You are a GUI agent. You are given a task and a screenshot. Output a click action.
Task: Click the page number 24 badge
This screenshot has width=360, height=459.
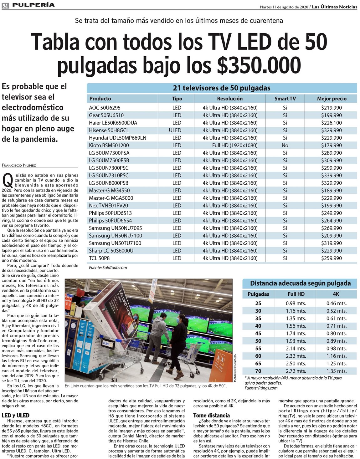(5, 6)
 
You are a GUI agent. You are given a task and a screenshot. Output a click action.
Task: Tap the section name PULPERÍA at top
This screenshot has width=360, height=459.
(33, 5)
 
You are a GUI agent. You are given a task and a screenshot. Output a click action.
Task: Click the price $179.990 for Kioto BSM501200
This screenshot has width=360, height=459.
(331, 145)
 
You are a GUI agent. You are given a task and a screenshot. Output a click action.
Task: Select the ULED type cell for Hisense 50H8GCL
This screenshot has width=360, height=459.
(175, 130)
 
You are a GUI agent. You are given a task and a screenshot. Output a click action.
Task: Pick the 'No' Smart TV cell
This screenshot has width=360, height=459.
(285, 145)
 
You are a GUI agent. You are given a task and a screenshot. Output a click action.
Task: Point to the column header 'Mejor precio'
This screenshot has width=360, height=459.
(332, 99)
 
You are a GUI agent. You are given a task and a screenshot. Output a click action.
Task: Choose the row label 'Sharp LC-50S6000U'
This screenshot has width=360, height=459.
(111, 251)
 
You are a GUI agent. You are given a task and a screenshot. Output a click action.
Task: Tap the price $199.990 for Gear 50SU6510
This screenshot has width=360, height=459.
(331, 115)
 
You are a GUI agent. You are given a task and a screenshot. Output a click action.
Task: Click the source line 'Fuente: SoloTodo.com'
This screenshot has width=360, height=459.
(108, 268)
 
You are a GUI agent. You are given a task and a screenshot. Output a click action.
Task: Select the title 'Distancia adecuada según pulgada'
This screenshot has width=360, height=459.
(300, 283)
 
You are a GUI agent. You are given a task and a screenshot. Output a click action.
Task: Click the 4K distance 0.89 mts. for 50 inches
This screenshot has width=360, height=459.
(337, 341)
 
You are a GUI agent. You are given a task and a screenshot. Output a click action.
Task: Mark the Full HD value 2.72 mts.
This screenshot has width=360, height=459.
(296, 371)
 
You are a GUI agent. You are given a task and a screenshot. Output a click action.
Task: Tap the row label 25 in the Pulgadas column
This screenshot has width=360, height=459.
(258, 303)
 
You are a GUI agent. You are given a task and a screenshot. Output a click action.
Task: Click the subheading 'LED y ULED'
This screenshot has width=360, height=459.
(16, 416)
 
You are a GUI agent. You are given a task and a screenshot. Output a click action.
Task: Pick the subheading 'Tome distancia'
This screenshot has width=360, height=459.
(211, 416)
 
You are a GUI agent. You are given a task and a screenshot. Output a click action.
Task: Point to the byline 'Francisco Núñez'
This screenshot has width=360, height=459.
(19, 165)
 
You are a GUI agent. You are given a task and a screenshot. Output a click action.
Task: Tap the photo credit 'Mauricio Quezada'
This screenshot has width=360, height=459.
(235, 368)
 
